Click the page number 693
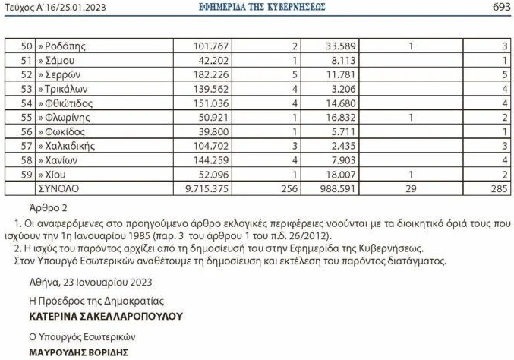(x=500, y=7)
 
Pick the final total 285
(x=499, y=188)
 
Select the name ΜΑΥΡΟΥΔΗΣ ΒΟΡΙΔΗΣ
(x=82, y=353)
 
